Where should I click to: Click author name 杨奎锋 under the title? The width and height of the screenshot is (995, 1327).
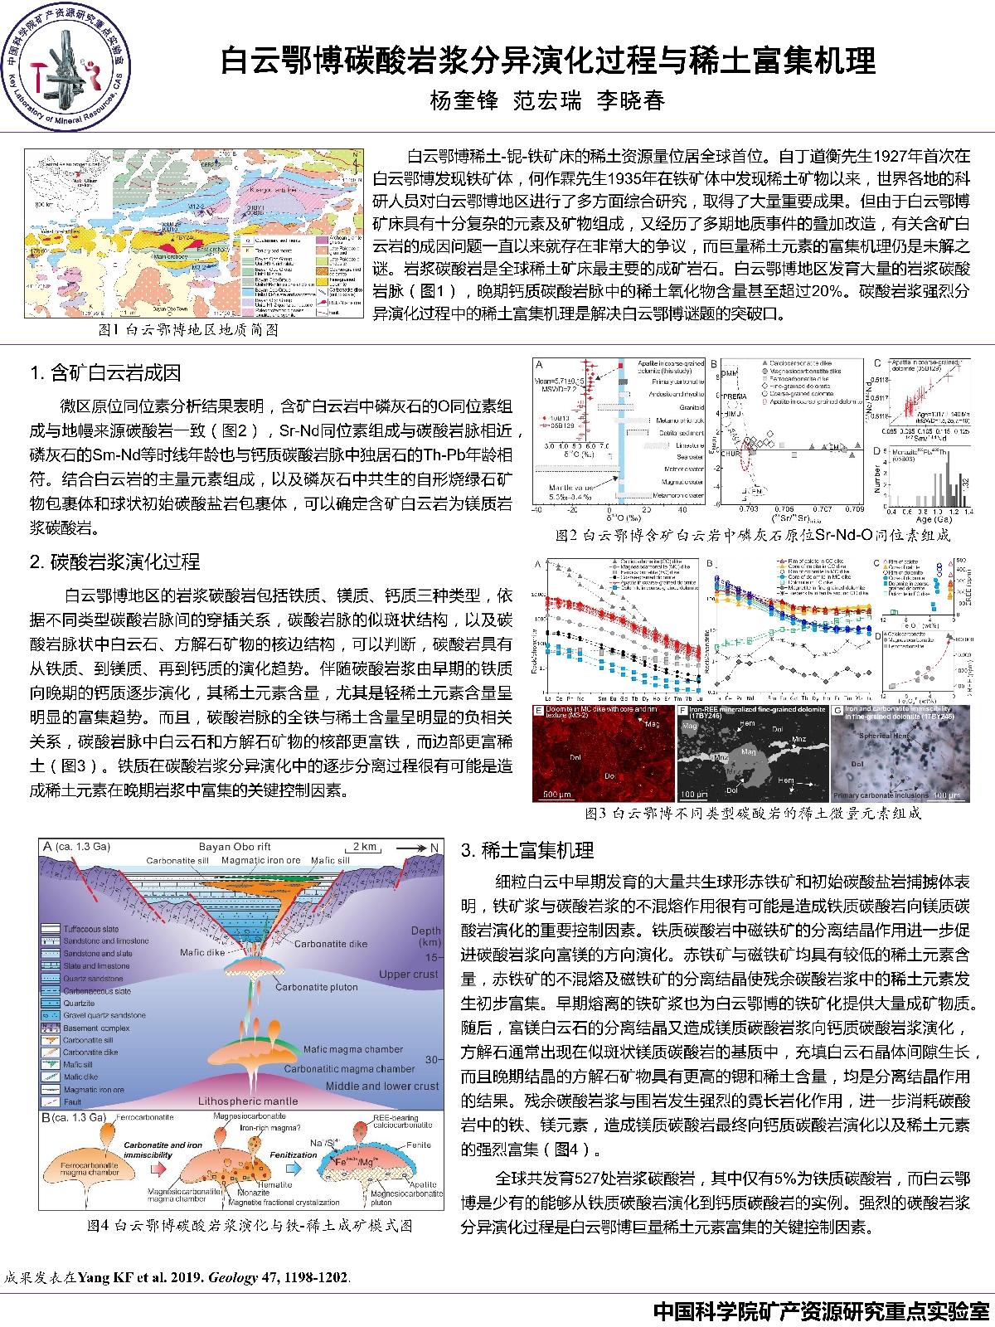[464, 101]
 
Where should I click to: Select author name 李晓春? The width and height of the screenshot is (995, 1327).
[630, 101]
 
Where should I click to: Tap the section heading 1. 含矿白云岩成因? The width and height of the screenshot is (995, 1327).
[105, 373]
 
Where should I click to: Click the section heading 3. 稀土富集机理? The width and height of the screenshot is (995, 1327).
[527, 850]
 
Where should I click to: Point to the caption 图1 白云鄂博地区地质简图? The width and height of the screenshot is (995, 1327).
[188, 330]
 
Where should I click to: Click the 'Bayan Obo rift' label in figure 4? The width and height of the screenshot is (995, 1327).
[235, 847]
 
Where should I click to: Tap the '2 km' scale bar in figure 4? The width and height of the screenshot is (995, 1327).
[365, 848]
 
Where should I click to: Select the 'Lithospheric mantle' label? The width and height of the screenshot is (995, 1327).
[248, 1101]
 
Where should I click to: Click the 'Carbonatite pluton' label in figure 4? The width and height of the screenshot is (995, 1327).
[317, 987]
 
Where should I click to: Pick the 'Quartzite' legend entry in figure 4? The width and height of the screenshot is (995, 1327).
[80, 1003]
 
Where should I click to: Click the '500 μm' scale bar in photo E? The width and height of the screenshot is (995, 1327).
[556, 794]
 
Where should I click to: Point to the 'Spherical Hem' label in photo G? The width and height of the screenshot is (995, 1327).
[884, 736]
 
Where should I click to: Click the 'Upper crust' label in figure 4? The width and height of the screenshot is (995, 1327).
[408, 974]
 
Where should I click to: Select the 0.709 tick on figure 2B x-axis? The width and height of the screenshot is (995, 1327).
[854, 509]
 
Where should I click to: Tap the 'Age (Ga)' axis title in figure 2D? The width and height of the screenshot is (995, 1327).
[933, 519]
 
